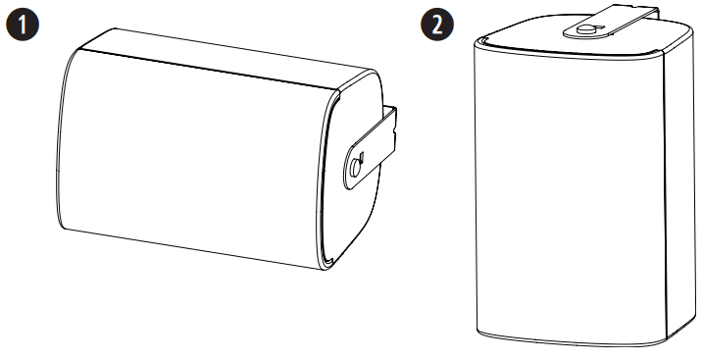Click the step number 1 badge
click(23, 25)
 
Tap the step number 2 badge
click(437, 25)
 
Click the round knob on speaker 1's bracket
click(355, 167)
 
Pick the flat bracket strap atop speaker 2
click(611, 22)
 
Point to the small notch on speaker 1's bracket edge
click(393, 133)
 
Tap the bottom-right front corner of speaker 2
click(667, 339)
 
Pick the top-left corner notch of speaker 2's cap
click(478, 41)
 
